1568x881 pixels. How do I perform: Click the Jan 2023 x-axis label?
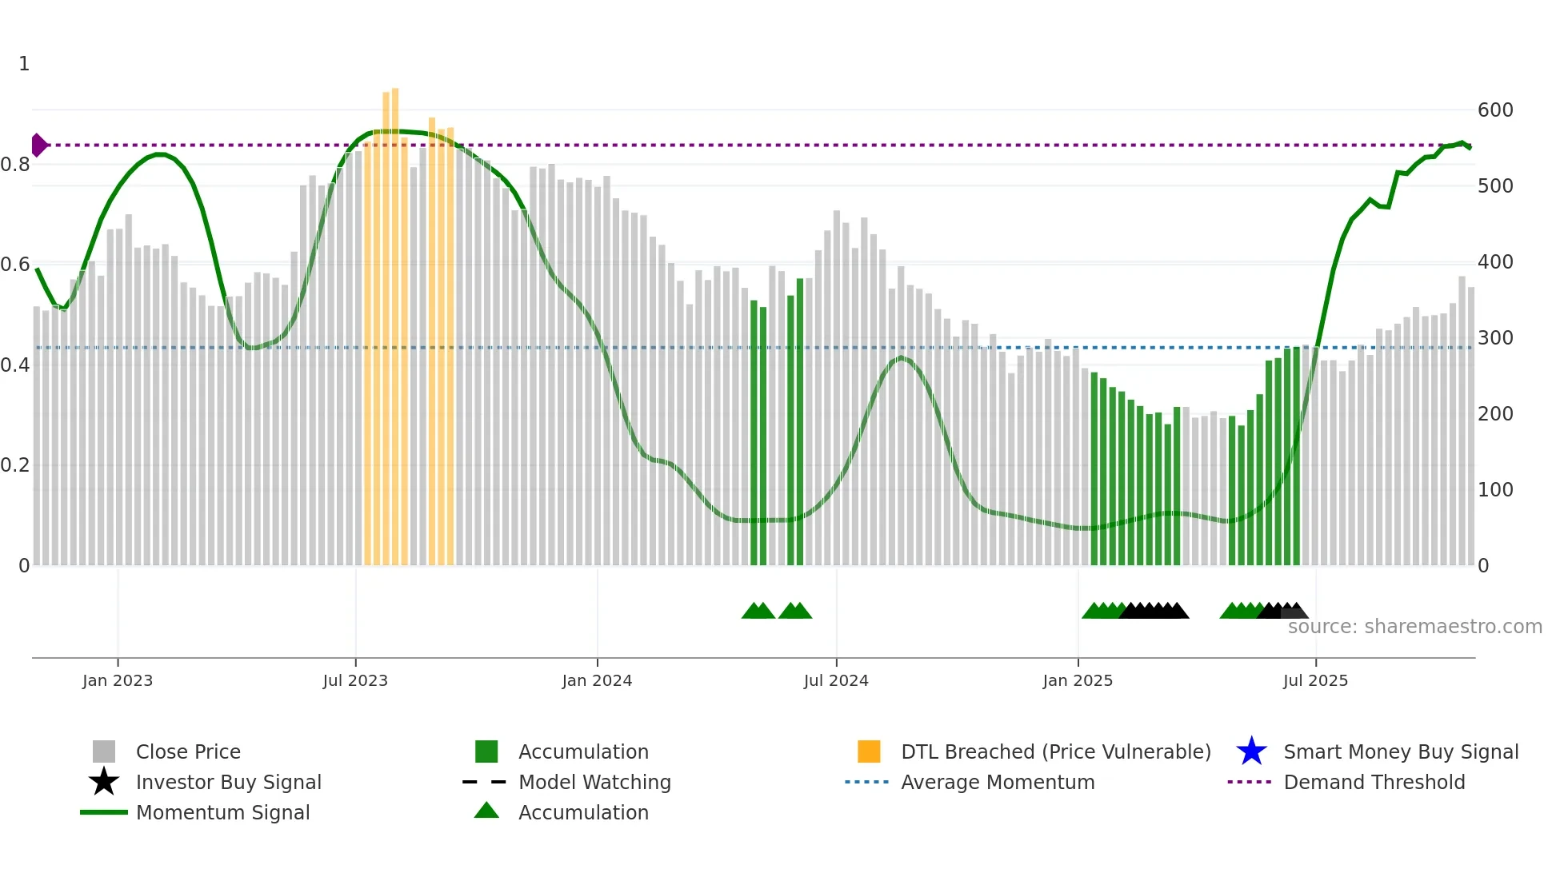point(117,680)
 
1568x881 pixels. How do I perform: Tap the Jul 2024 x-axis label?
point(836,680)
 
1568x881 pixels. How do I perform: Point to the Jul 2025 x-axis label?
point(1315,680)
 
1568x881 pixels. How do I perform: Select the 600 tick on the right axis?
point(1494,110)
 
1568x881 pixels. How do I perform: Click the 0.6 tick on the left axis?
point(15,265)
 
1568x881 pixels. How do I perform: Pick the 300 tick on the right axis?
point(1494,338)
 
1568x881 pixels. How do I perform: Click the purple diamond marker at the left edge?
point(38,145)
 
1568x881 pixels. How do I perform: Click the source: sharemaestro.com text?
point(1414,627)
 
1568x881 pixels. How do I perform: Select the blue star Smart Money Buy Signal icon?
point(1251,751)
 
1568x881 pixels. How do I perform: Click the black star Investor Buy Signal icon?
point(104,782)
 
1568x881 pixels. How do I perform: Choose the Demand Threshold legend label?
point(1374,782)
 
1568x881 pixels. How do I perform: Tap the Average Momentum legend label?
point(997,782)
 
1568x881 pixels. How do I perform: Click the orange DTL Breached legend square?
point(869,751)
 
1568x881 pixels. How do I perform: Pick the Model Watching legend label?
point(594,782)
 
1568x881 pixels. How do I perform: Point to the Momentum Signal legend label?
point(222,812)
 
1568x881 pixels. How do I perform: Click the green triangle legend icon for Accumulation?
point(486,811)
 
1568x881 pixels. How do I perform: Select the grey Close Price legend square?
point(104,751)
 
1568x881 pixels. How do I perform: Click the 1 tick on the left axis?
point(24,64)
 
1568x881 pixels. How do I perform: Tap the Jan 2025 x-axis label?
point(1077,680)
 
